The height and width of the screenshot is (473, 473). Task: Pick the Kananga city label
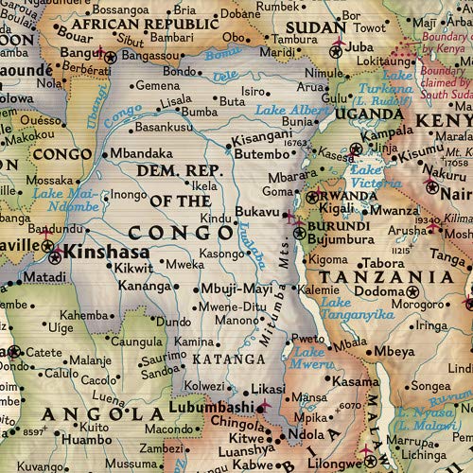tap(143, 285)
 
